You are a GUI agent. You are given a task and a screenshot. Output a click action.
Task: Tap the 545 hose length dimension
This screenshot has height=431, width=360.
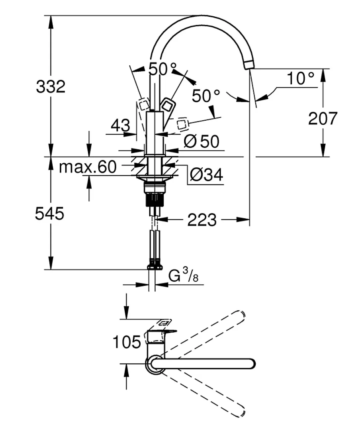50,214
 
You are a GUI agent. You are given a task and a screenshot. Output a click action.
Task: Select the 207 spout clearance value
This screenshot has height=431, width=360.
323,118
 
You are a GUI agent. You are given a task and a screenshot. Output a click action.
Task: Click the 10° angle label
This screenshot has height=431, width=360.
301,78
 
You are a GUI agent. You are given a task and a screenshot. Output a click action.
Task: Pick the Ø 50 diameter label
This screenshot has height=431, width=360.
202,141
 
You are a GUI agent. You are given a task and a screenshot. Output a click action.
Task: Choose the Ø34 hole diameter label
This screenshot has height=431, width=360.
206,174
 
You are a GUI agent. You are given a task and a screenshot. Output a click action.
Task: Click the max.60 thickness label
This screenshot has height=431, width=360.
88,167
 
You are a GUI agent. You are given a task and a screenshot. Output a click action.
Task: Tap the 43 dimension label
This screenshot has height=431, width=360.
121,125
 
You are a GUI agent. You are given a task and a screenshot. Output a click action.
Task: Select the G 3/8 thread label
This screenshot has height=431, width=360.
183,276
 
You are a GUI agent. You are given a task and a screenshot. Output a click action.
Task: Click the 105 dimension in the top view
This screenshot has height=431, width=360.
127,342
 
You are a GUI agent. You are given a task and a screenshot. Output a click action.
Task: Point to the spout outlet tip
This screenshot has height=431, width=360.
249,65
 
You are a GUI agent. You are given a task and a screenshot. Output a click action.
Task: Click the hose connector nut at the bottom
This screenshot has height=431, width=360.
155,266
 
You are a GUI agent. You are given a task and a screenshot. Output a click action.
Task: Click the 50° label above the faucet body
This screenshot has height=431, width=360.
163,69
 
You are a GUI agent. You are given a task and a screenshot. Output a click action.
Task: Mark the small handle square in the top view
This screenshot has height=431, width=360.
164,322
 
